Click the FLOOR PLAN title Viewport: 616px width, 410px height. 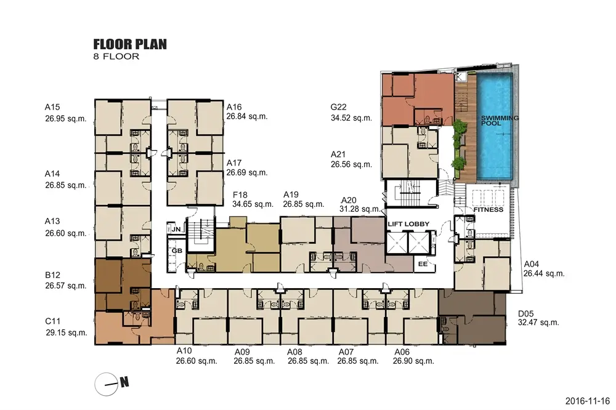pos(130,44)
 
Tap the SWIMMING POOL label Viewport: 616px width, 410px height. pos(500,121)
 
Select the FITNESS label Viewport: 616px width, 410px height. pos(488,210)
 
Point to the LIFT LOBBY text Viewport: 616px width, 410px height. pos(408,224)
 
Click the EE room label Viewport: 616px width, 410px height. pos(423,264)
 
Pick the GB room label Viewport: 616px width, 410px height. pos(177,251)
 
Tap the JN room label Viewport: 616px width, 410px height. pos(176,230)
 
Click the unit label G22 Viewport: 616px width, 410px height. pos(338,107)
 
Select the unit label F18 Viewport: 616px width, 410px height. pos(240,195)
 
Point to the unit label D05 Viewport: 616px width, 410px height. pos(525,314)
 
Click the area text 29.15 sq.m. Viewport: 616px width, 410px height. pos(67,332)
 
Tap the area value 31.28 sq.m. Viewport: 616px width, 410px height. pos(360,209)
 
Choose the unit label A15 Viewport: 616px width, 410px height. pos(52,107)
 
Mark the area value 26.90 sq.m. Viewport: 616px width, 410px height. pos(413,361)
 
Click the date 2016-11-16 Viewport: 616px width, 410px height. pos(588,401)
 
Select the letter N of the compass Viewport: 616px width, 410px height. pos(124,382)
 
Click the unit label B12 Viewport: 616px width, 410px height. pos(52,275)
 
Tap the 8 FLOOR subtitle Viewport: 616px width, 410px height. pos(116,57)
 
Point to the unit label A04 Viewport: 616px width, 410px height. pos(531,264)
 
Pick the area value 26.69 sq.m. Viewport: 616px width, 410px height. pos(247,173)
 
